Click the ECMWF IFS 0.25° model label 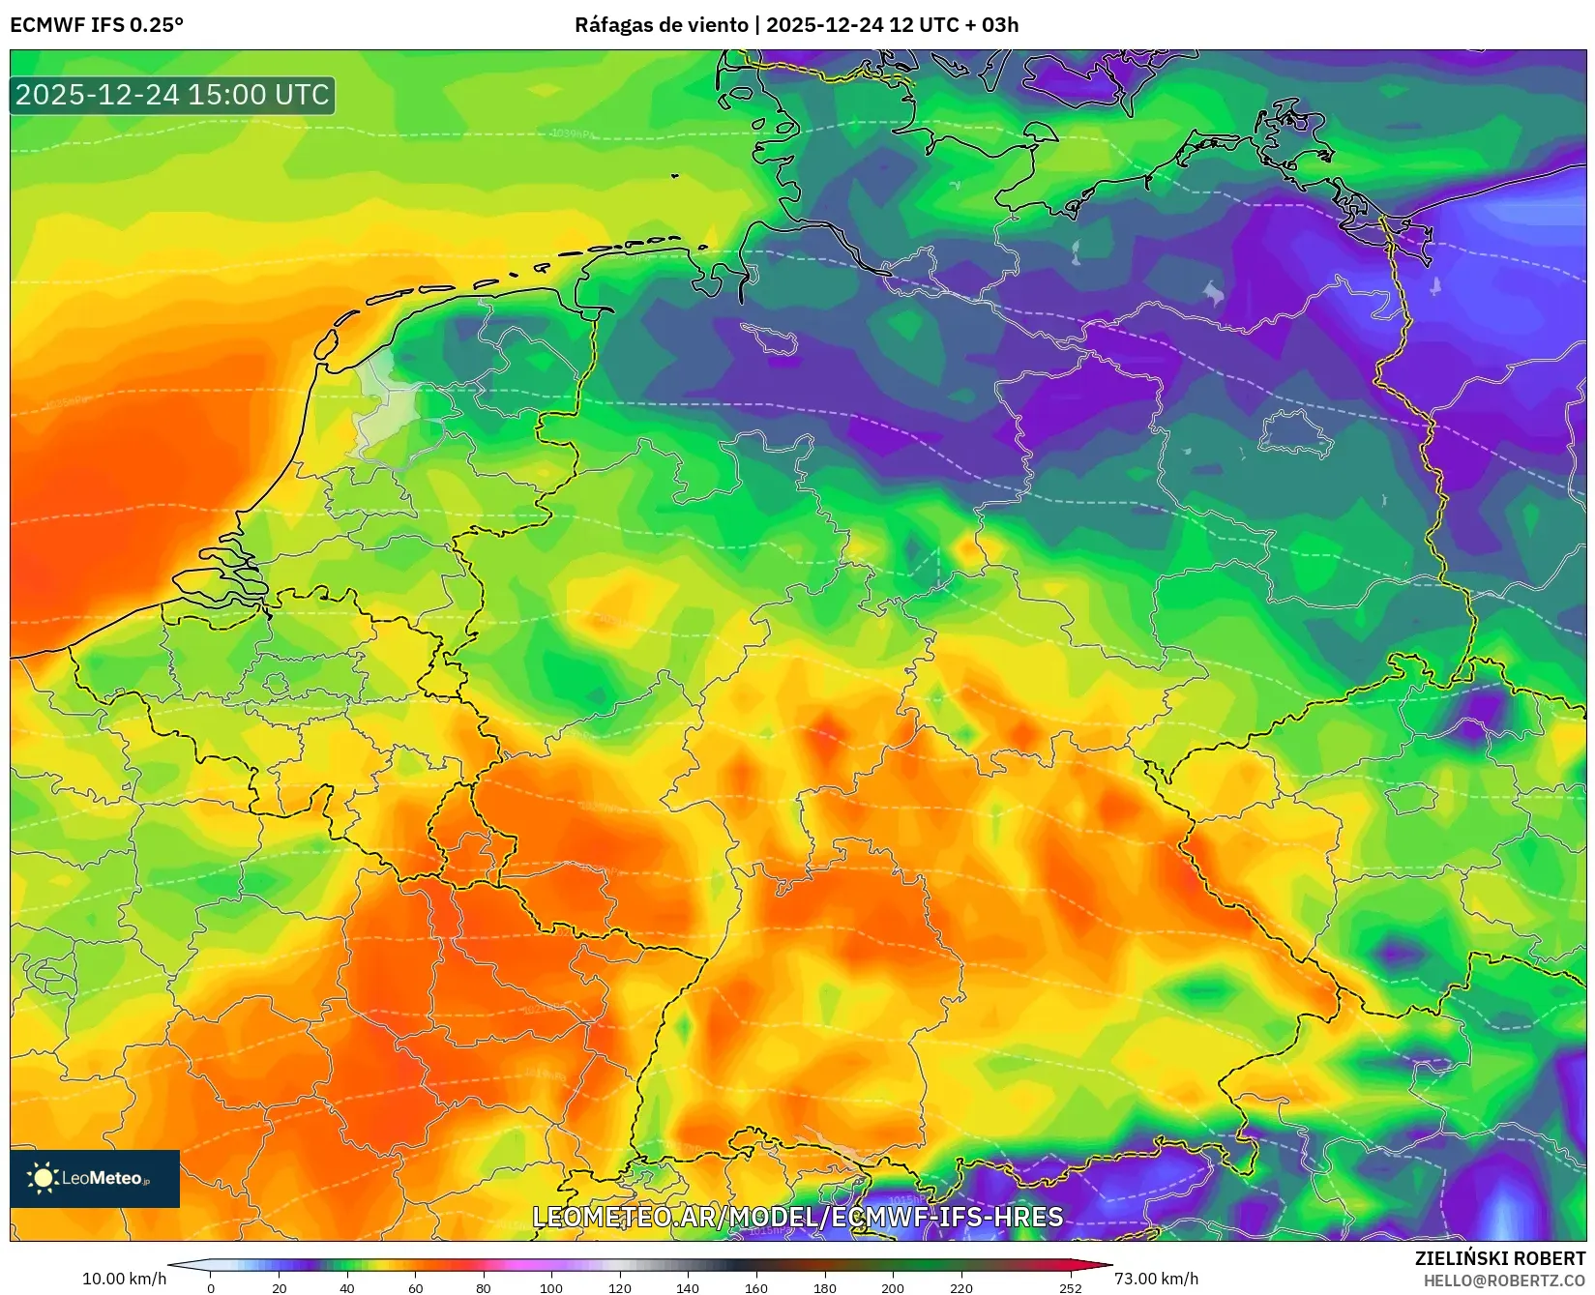click(97, 25)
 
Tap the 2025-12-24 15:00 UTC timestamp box click(172, 95)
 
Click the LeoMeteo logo click(95, 1178)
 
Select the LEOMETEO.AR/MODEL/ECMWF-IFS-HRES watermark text click(797, 1217)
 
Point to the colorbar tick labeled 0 click(211, 1287)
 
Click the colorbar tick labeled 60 click(416, 1287)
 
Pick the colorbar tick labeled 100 click(551, 1287)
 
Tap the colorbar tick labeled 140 click(688, 1287)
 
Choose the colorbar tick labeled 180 click(825, 1287)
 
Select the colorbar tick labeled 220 click(961, 1287)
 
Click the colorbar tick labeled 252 click(1070, 1287)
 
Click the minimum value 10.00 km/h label click(124, 1279)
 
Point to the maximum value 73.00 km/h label click(1156, 1279)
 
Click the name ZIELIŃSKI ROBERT click(1500, 1258)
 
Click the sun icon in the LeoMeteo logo click(43, 1177)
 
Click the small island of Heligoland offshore click(675, 176)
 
